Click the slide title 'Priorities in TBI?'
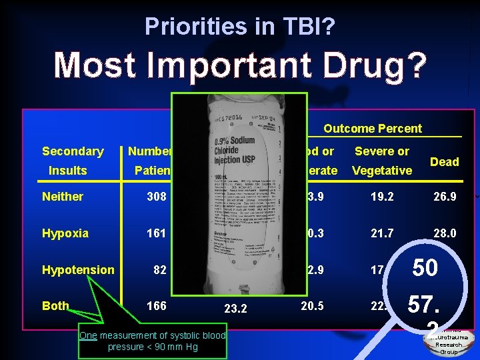239,26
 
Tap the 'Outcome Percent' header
373,128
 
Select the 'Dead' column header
444,161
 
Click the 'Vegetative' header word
382,171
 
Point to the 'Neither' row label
63,197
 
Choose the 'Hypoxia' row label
65,233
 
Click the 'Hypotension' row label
78,270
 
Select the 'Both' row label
55,306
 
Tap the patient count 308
157,197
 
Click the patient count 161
157,233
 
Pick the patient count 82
159,270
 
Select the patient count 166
157,306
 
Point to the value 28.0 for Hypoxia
444,233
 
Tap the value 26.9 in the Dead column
444,197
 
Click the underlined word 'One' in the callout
88,335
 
